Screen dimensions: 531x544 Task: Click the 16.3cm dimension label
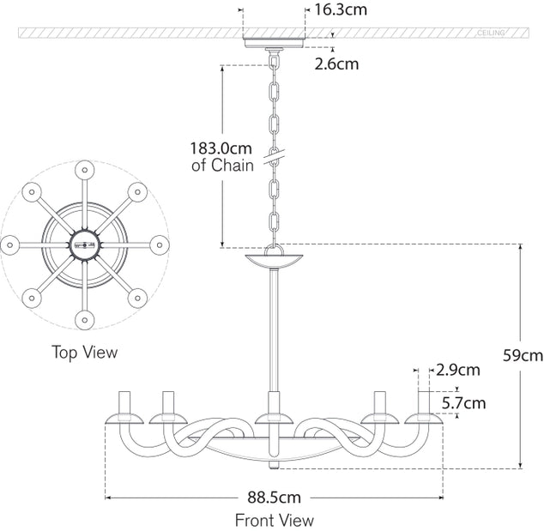tap(342, 10)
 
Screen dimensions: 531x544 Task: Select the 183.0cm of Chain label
tap(221, 156)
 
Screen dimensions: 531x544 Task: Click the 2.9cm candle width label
tap(457, 371)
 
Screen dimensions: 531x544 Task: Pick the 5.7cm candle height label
tap(462, 402)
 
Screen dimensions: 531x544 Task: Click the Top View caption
tap(84, 352)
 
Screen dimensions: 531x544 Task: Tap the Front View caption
tap(274, 520)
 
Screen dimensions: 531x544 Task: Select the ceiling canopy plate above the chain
tap(275, 43)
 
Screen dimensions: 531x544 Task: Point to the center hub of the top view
tap(84, 244)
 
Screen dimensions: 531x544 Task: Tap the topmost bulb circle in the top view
tap(84, 170)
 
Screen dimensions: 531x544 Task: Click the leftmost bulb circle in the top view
tap(10, 244)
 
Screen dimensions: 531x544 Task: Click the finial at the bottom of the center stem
tap(275, 466)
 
